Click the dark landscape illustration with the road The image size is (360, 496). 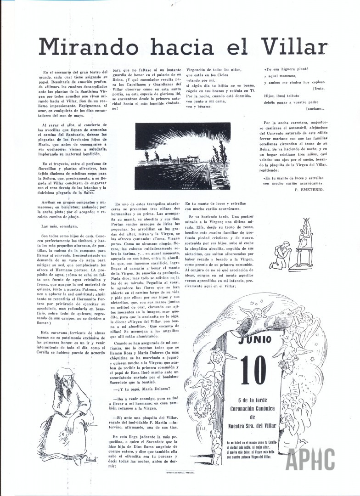(x=183, y=156)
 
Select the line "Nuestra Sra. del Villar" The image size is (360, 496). (x=252, y=426)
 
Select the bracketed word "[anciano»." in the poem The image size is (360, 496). (x=315, y=109)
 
